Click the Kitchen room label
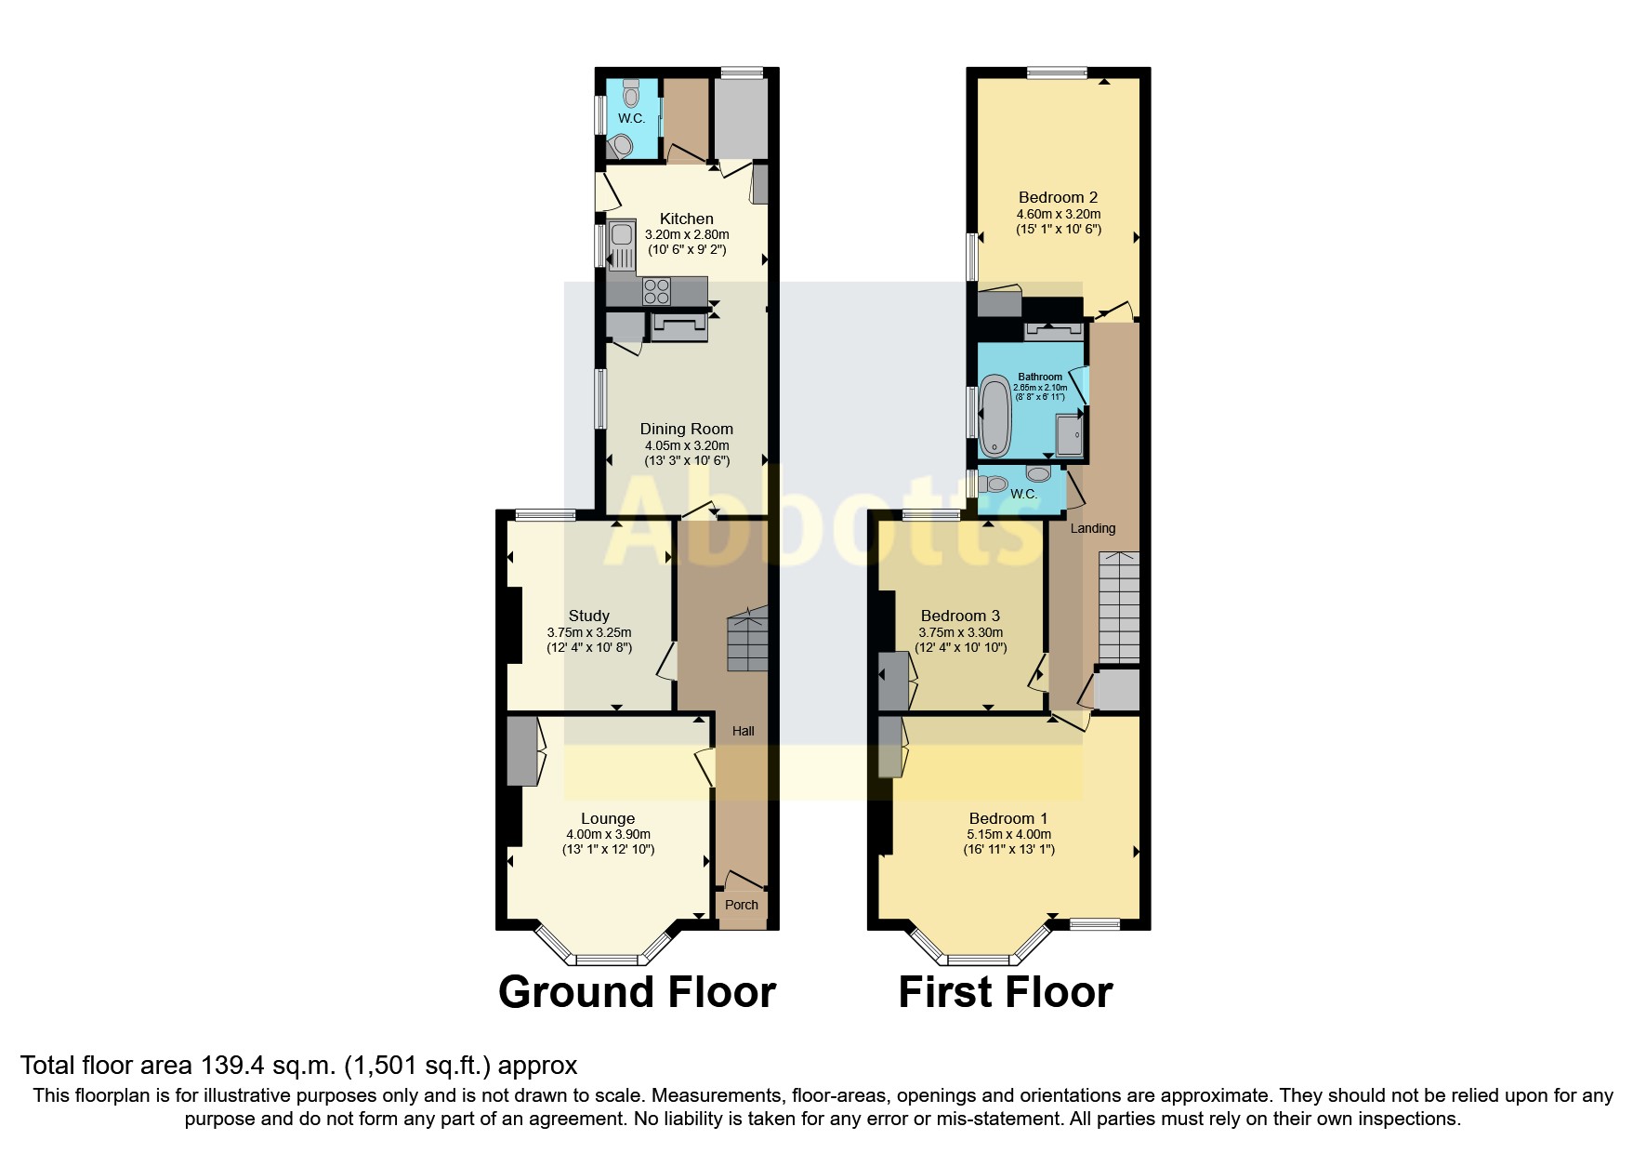pos(686,219)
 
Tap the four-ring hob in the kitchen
pos(656,291)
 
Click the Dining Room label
pos(686,429)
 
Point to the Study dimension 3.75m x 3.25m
pos(588,632)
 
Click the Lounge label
pos(608,818)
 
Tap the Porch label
pos(741,905)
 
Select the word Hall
pos(743,731)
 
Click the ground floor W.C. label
pos(631,118)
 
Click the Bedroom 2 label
pos(1058,197)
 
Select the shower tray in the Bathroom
pos(1069,436)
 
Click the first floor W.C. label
pos(1023,494)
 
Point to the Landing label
pos(1092,528)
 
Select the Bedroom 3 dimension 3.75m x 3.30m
pos(960,632)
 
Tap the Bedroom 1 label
pos(1007,818)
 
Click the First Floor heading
pos(1005,992)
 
